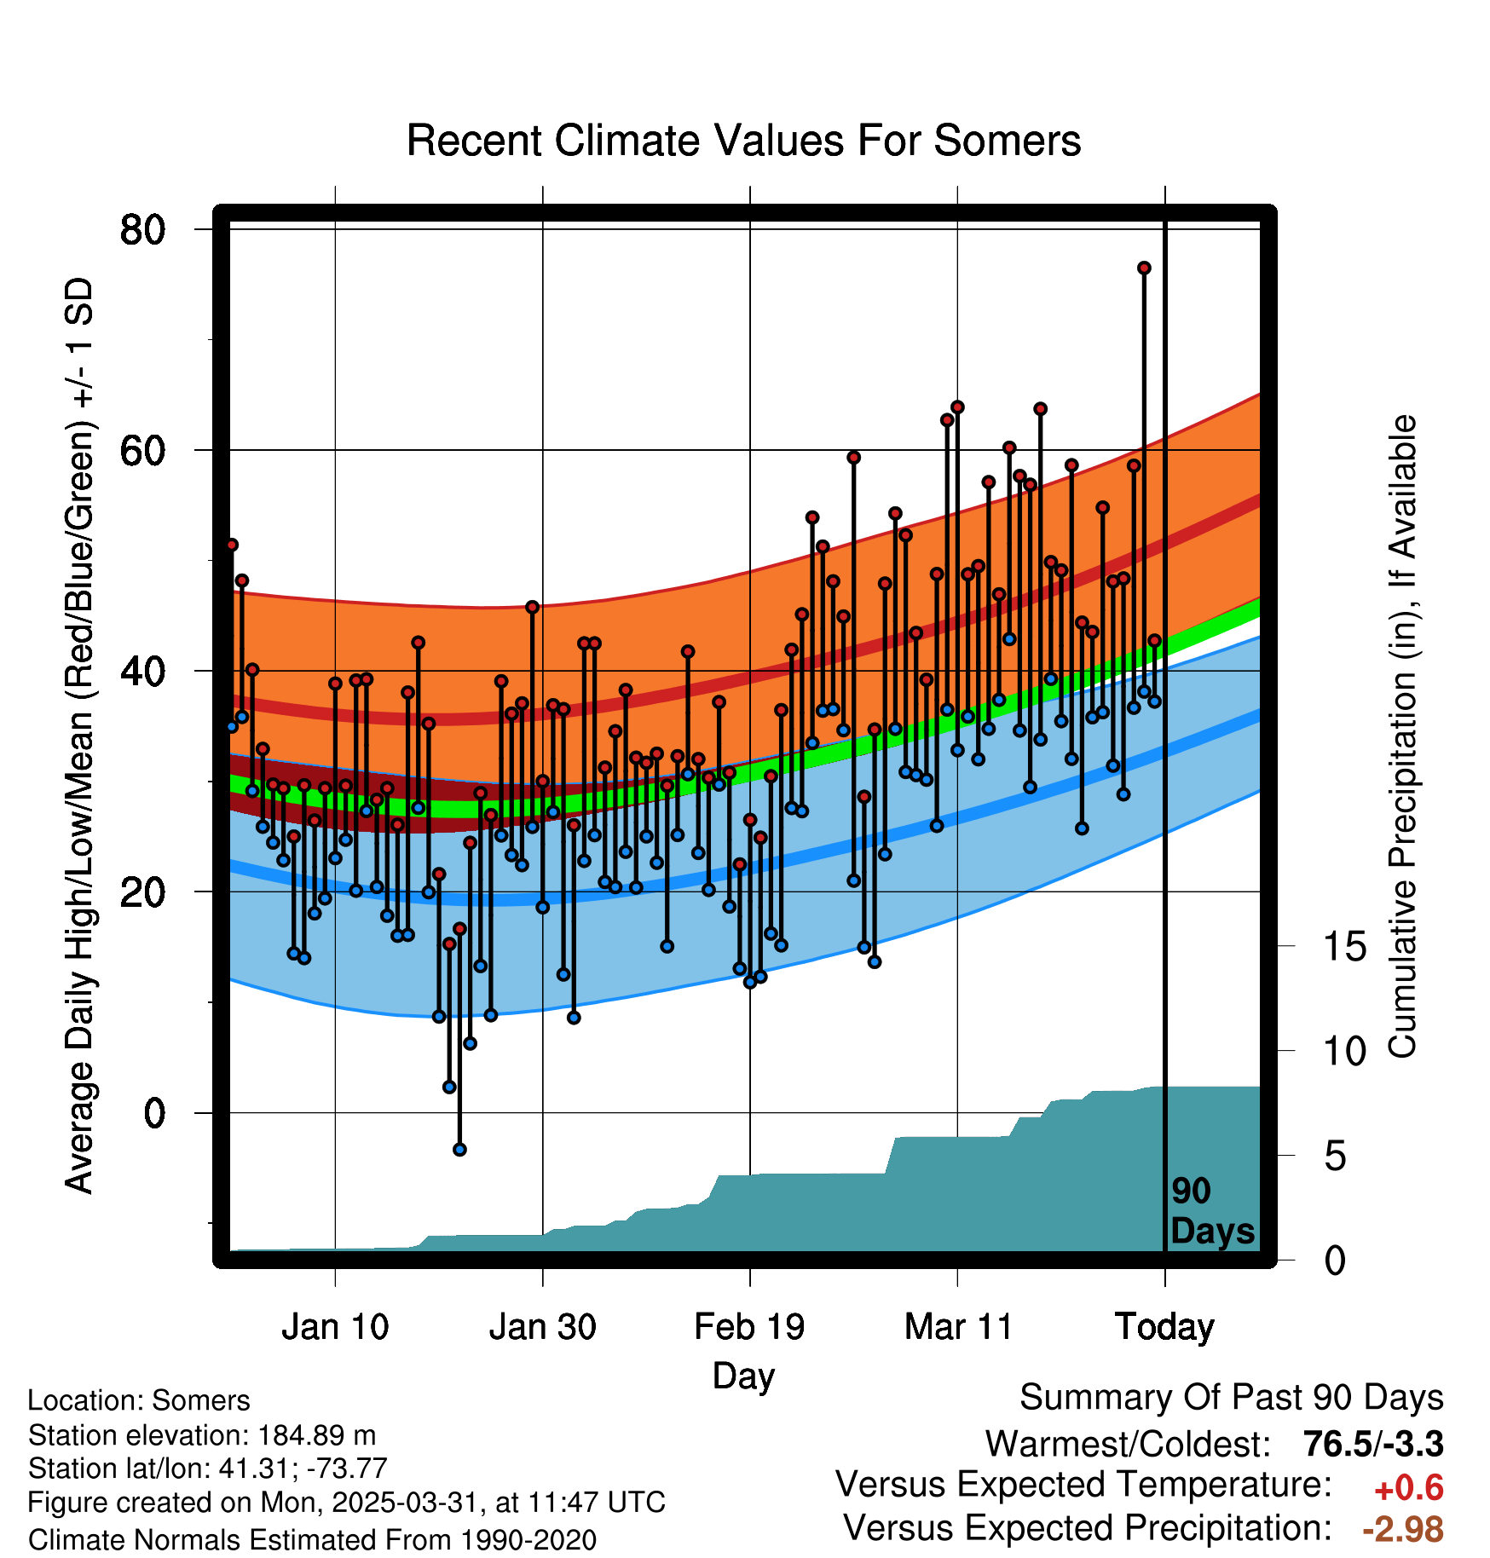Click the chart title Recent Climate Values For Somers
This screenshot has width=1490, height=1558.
click(x=743, y=141)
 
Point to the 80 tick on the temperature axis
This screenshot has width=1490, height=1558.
click(x=142, y=230)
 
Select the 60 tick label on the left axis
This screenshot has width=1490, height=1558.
click(x=142, y=451)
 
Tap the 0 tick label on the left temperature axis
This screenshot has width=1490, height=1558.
click(x=154, y=1113)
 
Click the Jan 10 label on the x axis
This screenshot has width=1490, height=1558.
click(x=335, y=1327)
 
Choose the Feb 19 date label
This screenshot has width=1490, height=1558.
click(x=749, y=1327)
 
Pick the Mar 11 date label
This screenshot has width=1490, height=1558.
click(x=957, y=1327)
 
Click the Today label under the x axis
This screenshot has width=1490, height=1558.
click(x=1164, y=1327)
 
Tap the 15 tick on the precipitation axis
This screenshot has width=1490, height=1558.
click(x=1344, y=947)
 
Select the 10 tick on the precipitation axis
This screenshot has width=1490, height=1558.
click(x=1344, y=1052)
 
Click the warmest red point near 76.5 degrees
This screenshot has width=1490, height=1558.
click(x=1144, y=268)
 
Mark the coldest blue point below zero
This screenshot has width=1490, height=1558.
click(x=459, y=1150)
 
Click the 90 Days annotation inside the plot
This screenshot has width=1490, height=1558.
click(x=1211, y=1211)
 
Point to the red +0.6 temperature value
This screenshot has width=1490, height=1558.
click(x=1408, y=1488)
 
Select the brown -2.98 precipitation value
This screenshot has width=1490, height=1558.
click(x=1403, y=1530)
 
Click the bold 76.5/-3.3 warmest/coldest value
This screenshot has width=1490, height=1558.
click(x=1372, y=1445)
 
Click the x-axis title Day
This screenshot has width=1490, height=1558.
click(x=743, y=1376)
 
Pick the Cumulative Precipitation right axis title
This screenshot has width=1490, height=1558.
click(x=1402, y=736)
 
